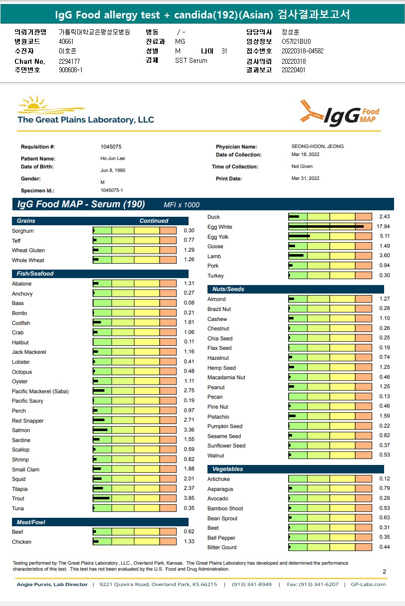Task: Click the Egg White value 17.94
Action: (x=383, y=227)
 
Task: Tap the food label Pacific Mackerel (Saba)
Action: (x=33, y=391)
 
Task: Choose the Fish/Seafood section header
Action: (x=35, y=274)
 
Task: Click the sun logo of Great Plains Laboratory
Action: (x=35, y=104)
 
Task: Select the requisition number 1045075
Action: (x=111, y=147)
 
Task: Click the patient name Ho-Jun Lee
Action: (x=113, y=158)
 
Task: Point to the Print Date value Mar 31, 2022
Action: (x=305, y=178)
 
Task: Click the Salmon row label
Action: (x=21, y=430)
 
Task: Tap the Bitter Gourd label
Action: (x=222, y=547)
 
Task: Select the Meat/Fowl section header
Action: (x=31, y=522)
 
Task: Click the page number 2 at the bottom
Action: (x=384, y=572)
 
